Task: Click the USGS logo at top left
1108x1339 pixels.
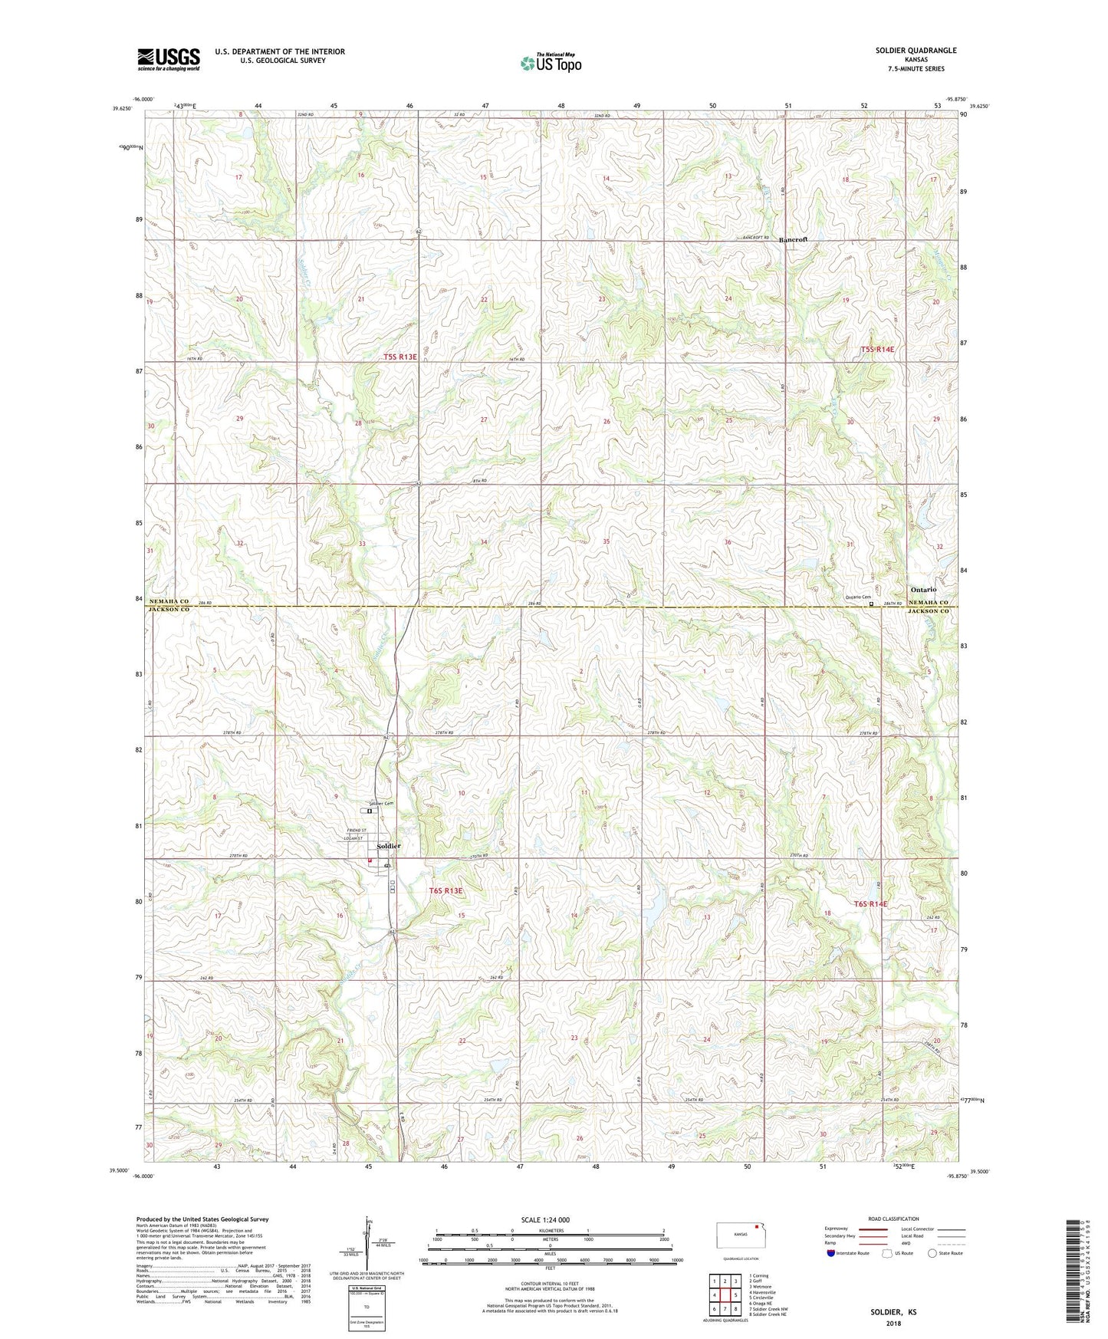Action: click(x=169, y=59)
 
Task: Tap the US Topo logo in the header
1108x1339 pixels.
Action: click(x=551, y=62)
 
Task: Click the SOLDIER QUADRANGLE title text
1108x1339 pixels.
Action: click(x=916, y=51)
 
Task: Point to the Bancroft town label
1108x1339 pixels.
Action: click(x=793, y=240)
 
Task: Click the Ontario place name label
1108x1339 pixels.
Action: click(x=923, y=589)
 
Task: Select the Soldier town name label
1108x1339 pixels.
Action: click(x=388, y=846)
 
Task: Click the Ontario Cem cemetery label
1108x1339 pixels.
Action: click(x=858, y=597)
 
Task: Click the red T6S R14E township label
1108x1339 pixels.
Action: click(x=870, y=904)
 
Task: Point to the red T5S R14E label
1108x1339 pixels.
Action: click(x=877, y=350)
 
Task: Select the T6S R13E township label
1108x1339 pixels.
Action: click(x=446, y=891)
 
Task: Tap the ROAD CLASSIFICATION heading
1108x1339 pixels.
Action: click(x=893, y=1219)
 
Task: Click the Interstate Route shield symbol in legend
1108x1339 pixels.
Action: click(x=831, y=1253)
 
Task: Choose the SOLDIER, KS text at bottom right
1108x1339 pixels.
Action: click(x=893, y=1312)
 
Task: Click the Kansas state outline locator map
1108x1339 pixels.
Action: click(x=740, y=1235)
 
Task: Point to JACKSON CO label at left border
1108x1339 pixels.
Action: click(x=169, y=610)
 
